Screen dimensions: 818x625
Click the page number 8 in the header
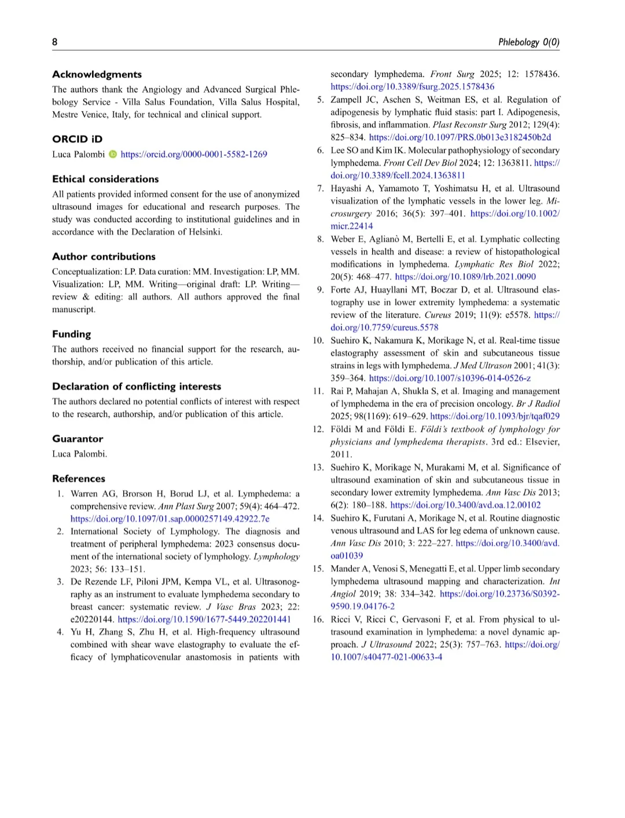click(55, 42)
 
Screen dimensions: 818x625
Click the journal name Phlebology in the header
click(519, 42)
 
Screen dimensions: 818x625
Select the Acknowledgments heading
click(97, 74)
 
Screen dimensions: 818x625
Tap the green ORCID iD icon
click(113, 154)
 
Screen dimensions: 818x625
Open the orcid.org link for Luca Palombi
click(194, 154)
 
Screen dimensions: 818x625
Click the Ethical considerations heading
click(105, 179)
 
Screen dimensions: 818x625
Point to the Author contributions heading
click(104, 256)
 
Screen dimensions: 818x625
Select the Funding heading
click(71, 334)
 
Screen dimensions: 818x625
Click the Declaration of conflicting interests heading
click(137, 386)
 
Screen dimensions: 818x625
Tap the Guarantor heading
click(78, 439)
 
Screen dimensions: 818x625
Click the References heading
click(79, 479)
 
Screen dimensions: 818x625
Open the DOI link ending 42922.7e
click(170, 519)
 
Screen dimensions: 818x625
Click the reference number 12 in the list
click(318, 430)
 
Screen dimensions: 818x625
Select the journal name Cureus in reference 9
click(437, 315)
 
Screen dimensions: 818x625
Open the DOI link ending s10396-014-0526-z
click(450, 378)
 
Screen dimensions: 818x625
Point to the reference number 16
click(318, 619)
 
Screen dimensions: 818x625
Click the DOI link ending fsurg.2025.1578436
click(412, 87)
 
